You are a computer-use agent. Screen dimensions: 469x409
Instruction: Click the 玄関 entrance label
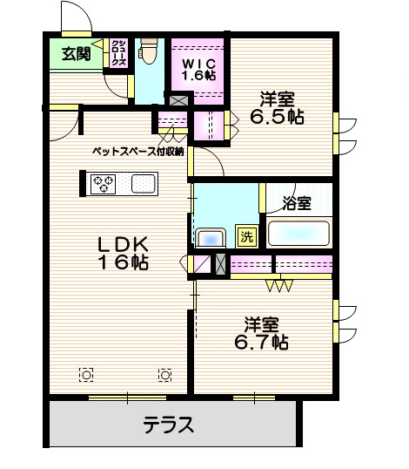pyautogui.click(x=76, y=54)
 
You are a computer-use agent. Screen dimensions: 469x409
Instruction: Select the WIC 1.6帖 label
pyautogui.click(x=198, y=68)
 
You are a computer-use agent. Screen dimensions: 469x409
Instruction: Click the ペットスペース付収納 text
pyautogui.click(x=138, y=151)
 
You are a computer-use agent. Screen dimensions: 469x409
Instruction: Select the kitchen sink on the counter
pyautogui.click(x=144, y=184)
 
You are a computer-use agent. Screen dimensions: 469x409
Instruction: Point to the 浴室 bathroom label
pyautogui.click(x=297, y=203)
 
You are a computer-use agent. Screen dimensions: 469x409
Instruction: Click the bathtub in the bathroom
pyautogui.click(x=298, y=234)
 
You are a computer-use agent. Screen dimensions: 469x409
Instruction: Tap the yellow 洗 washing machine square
pyautogui.click(x=247, y=234)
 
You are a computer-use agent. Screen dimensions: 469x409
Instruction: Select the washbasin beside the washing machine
pyautogui.click(x=210, y=237)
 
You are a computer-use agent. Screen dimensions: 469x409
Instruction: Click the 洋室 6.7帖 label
pyautogui.click(x=261, y=332)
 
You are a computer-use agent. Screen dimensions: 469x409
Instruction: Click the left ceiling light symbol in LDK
pyautogui.click(x=86, y=375)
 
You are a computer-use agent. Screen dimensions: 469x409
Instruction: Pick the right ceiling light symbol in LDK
pyautogui.click(x=164, y=375)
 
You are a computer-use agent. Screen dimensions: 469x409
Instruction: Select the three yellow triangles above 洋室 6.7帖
pyautogui.click(x=278, y=284)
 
